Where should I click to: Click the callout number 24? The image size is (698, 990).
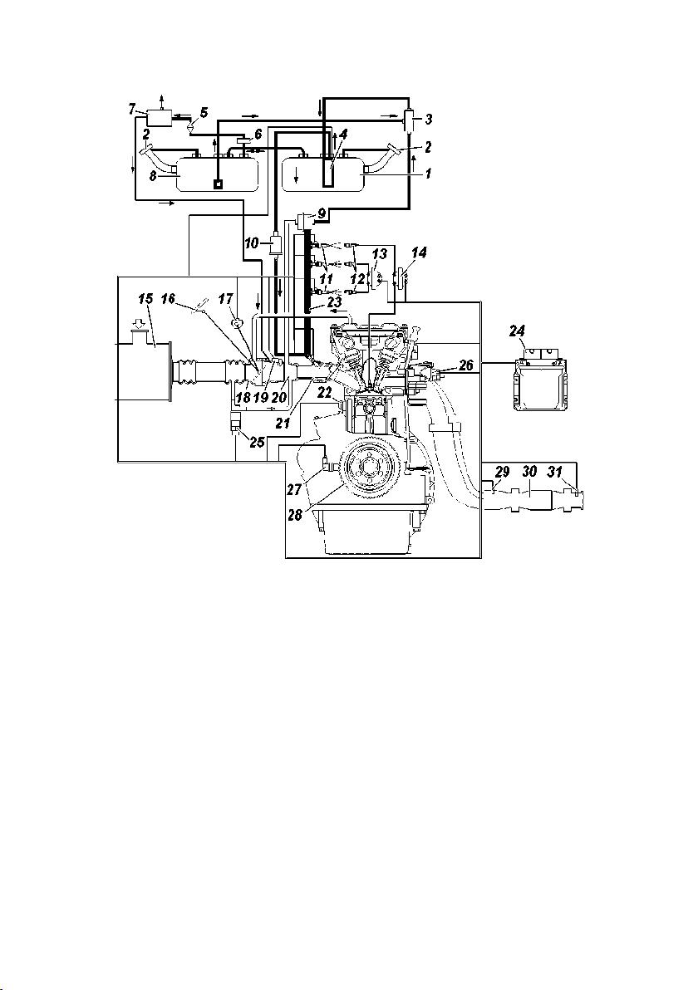[517, 331]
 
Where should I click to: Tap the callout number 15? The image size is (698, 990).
[146, 299]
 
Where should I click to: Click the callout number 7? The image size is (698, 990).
[132, 110]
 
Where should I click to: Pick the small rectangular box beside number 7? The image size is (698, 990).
[159, 117]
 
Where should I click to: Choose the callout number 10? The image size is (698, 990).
[253, 242]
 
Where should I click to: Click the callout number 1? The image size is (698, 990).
[428, 173]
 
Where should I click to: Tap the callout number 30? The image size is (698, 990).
[529, 472]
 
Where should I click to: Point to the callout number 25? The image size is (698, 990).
[257, 441]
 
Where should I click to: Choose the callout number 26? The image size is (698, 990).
[466, 366]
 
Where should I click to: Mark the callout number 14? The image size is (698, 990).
[419, 253]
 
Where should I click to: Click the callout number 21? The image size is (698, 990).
[283, 424]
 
